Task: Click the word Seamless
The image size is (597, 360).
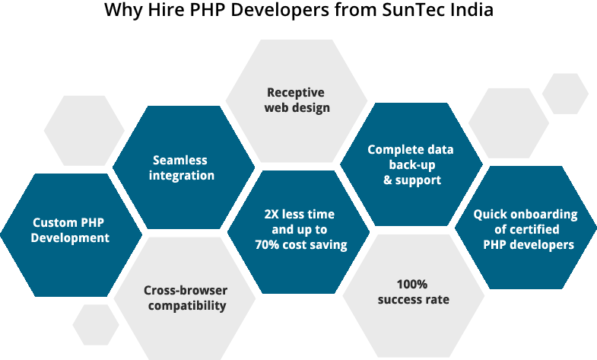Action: click(180, 161)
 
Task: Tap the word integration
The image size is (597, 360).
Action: click(180, 176)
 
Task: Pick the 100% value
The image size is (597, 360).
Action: click(413, 284)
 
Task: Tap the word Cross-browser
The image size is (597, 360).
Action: click(186, 291)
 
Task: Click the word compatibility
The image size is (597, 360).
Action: click(187, 306)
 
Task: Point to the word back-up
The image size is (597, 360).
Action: click(412, 165)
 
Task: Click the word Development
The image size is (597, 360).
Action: click(71, 237)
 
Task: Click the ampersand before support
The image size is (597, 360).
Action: click(387, 180)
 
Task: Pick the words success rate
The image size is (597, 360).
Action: click(413, 299)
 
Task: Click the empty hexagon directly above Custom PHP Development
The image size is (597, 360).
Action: click(84, 130)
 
